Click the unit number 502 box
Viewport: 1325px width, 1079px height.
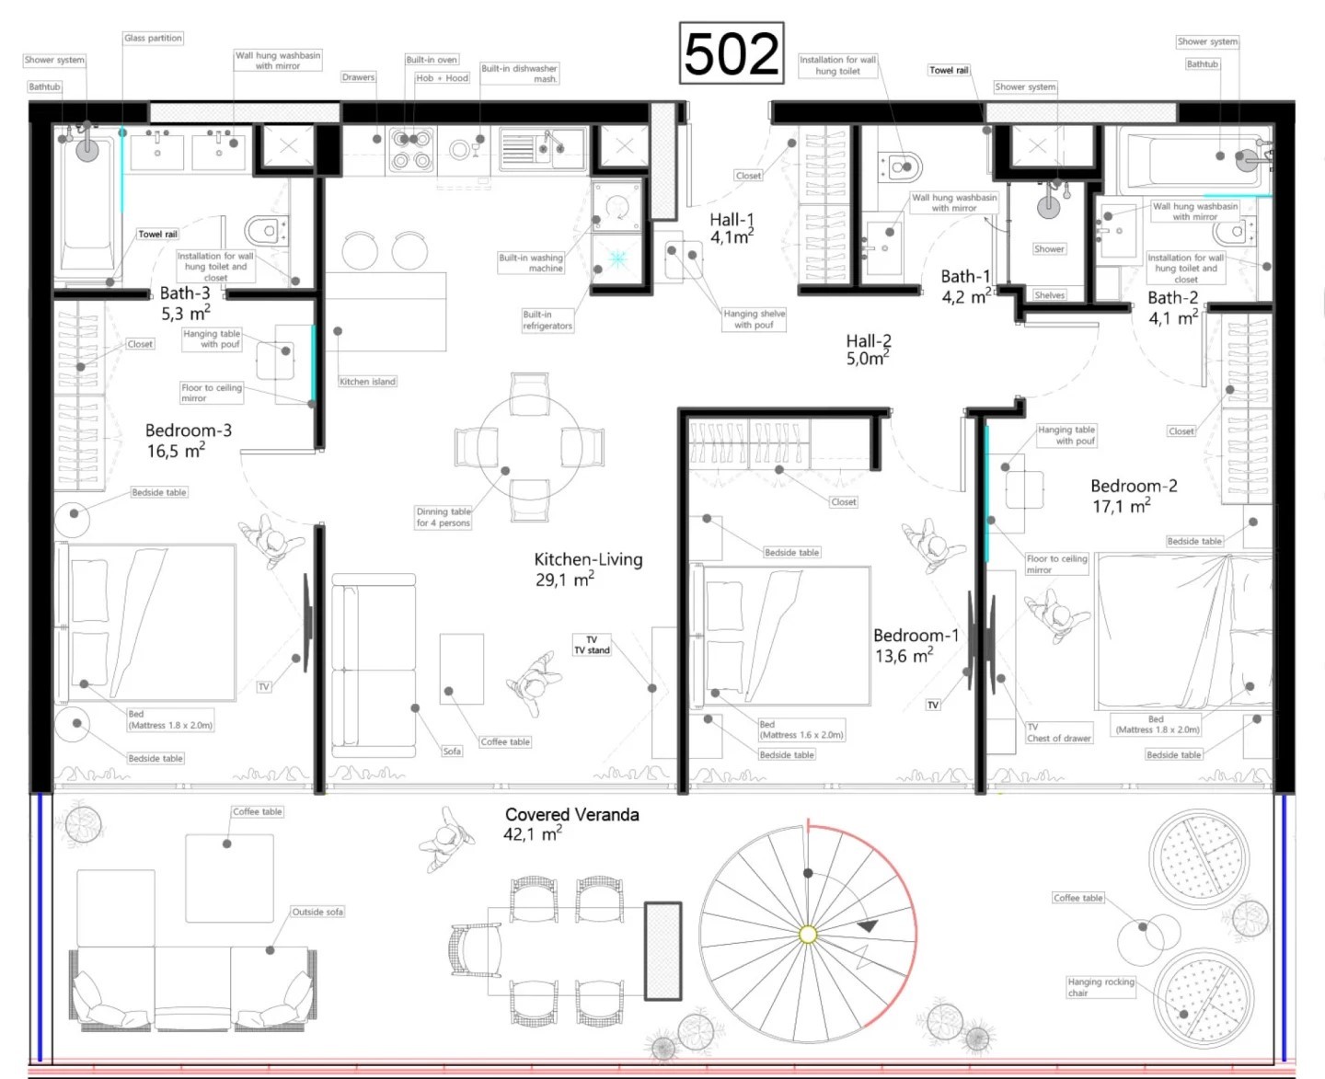coord(731,52)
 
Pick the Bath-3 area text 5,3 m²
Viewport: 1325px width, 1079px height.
coord(185,312)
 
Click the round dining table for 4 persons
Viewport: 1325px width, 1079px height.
coord(529,446)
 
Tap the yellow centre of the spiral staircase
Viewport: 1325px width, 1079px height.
coord(808,934)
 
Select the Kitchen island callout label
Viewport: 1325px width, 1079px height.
coord(367,381)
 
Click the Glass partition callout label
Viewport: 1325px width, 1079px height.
coord(153,38)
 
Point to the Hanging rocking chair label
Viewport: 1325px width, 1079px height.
coord(1100,987)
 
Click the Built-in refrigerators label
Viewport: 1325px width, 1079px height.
coord(547,320)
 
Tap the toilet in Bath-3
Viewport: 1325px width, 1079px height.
coord(266,231)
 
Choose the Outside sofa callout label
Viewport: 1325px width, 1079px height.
coord(317,912)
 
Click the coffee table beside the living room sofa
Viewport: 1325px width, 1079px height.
coord(462,669)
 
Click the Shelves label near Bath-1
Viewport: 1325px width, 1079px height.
coord(1050,294)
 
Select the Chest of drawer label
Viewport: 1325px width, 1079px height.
coord(1059,739)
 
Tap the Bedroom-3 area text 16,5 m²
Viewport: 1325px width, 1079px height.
coord(176,450)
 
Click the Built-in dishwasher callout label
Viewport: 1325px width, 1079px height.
coord(519,74)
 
